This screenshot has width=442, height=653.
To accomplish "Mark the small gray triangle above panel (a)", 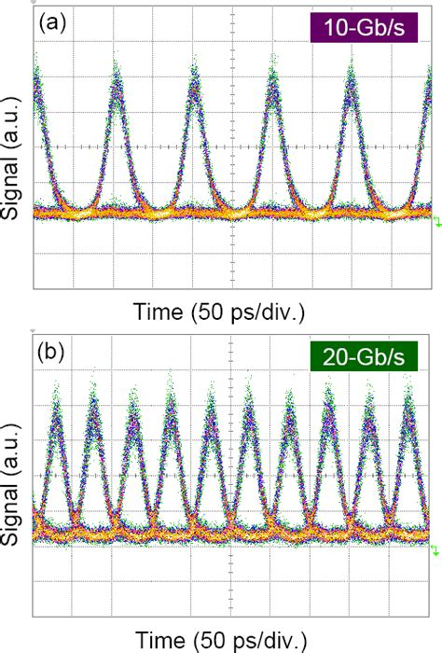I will pyautogui.click(x=35, y=3).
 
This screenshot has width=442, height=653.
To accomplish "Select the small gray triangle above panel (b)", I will pyautogui.click(x=35, y=333).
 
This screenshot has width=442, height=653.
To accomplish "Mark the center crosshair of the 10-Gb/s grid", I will pyautogui.click(x=229, y=146).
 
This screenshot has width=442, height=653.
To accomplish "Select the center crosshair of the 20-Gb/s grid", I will pyautogui.click(x=229, y=477).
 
